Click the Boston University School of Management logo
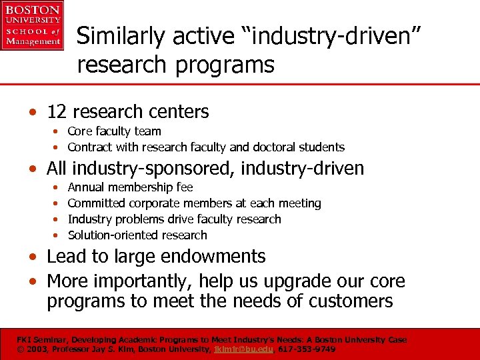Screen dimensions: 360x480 click(x=32, y=25)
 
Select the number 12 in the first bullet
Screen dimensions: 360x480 click(x=57, y=112)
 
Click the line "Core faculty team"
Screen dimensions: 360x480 click(x=114, y=131)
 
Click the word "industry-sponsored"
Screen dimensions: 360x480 click(x=157, y=169)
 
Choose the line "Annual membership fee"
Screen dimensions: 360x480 click(x=130, y=187)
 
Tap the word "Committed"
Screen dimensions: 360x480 click(x=97, y=203)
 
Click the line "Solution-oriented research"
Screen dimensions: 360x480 click(x=137, y=235)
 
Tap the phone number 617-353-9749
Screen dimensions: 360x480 click(x=307, y=349)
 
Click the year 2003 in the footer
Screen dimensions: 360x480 click(x=39, y=349)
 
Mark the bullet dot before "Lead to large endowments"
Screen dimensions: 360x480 click(x=39, y=257)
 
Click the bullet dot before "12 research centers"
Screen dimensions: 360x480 click(x=39, y=113)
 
